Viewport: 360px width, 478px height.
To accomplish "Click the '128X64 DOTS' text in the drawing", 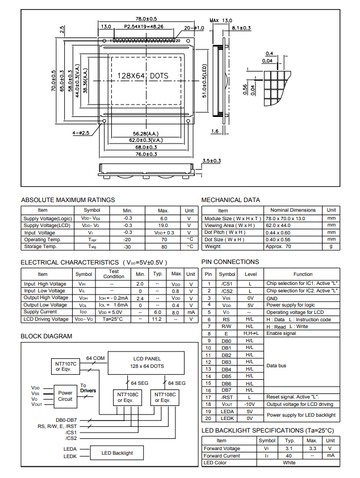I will [x=143, y=76].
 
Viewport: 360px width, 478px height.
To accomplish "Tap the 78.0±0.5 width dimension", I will [x=146, y=19].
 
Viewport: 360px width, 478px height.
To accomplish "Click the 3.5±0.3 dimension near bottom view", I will [x=211, y=161].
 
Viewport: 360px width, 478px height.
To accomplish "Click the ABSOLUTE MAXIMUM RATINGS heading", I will [x=68, y=200].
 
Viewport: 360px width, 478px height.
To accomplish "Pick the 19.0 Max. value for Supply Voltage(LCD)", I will [x=164, y=225].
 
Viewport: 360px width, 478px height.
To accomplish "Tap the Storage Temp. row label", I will [x=42, y=246].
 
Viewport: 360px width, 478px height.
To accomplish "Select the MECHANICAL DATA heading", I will [x=231, y=200].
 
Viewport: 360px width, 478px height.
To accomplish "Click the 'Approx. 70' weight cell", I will [x=278, y=246].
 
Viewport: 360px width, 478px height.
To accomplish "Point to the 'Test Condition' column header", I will [x=114, y=274].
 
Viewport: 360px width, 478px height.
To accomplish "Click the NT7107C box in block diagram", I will [x=66, y=366].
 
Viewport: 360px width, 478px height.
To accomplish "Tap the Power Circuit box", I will [x=65, y=396].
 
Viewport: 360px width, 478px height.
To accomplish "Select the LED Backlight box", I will [x=117, y=452].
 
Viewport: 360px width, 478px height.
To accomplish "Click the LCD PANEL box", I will [x=146, y=362].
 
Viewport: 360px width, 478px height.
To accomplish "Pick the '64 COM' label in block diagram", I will [x=95, y=358].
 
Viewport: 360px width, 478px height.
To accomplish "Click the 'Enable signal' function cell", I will [x=283, y=333].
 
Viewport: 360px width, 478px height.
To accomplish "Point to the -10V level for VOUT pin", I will [x=249, y=404].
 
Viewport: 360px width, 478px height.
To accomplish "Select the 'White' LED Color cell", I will [x=289, y=463].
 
